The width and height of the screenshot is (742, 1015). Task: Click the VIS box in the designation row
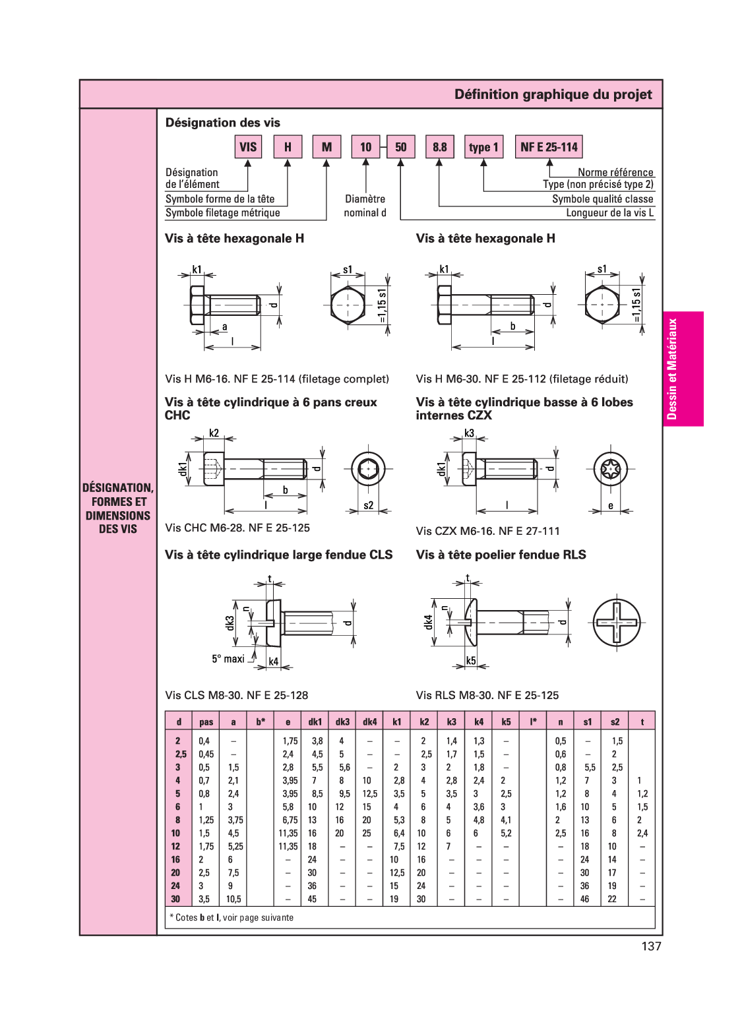tap(248, 146)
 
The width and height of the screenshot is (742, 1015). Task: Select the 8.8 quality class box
tap(439, 146)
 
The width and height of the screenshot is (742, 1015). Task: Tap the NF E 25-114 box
tap(548, 146)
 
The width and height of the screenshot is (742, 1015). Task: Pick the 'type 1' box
tap(483, 146)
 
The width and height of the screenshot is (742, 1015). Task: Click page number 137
tap(650, 946)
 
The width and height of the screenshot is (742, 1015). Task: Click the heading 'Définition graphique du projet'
tap(553, 94)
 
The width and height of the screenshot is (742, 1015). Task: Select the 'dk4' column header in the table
tap(369, 722)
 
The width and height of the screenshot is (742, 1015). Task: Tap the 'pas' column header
tap(206, 722)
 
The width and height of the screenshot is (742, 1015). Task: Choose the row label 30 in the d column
tap(175, 899)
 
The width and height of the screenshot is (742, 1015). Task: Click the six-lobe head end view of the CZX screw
tap(610, 470)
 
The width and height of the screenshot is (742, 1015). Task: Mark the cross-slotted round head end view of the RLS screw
tap(617, 623)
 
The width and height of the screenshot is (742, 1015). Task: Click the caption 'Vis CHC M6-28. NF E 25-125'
tap(237, 528)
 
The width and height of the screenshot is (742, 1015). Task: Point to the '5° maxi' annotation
tap(228, 659)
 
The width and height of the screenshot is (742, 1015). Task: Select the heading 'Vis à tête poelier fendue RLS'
tap(501, 555)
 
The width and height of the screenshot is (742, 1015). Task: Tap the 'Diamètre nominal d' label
tap(365, 206)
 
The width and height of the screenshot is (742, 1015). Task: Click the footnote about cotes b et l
tap(232, 917)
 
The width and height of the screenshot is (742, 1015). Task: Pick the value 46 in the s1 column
tap(584, 899)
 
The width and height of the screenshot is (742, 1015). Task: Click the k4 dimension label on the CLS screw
tap(273, 661)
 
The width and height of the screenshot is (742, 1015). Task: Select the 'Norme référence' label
tap(615, 172)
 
